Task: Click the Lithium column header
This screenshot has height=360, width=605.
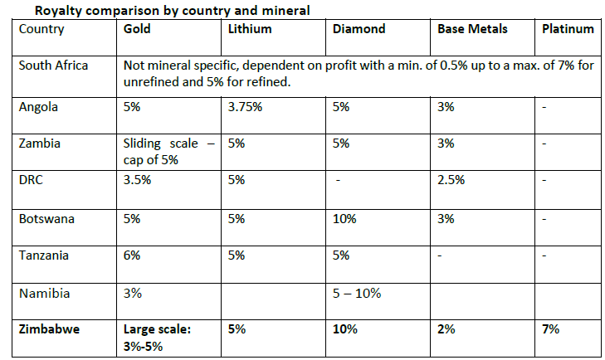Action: [x=250, y=29]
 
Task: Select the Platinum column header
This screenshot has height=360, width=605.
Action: [x=568, y=29]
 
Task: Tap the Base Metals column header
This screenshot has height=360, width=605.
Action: [x=472, y=29]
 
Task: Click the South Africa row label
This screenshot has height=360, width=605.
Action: [x=53, y=66]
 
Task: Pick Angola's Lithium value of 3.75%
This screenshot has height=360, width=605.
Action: [x=245, y=107]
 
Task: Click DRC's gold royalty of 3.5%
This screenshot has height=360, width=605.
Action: [x=137, y=180]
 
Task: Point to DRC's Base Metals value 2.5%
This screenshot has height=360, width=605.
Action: [x=451, y=180]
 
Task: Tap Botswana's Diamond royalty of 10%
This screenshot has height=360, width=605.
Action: [x=344, y=219]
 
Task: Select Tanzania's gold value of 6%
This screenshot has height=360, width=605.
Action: [x=132, y=255]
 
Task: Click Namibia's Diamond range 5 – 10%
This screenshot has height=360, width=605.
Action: [x=357, y=294]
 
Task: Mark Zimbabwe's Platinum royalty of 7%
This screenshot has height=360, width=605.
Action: [x=550, y=329]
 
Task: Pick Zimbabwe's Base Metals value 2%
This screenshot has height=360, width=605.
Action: [x=446, y=329]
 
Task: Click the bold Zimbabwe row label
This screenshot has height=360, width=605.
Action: [x=50, y=329]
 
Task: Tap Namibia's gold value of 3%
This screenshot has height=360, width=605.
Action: [x=132, y=294]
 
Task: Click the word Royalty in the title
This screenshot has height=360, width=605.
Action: [x=58, y=11]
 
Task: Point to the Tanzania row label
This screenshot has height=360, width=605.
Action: [x=44, y=255]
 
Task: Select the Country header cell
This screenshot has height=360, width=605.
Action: [x=41, y=29]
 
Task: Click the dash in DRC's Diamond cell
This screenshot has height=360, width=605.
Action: [x=338, y=180]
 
